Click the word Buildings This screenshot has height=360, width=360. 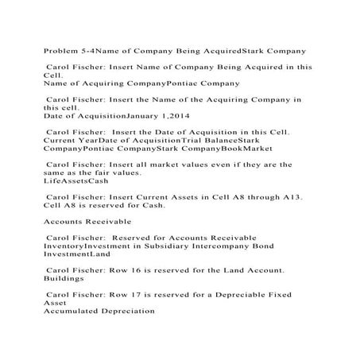(66, 279)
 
